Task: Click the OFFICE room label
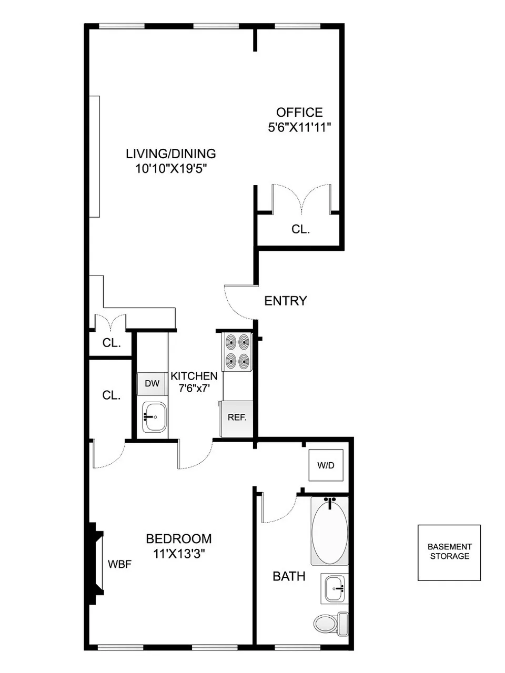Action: point(299,112)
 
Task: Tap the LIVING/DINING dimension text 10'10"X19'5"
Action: point(170,169)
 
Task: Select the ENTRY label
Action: point(285,301)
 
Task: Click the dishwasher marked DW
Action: point(152,383)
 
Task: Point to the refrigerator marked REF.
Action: point(237,418)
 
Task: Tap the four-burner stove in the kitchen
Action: point(237,352)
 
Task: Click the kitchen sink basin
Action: point(154,417)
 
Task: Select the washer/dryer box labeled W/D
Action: point(326,465)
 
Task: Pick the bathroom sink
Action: point(335,588)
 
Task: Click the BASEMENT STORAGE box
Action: point(449,552)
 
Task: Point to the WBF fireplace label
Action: point(119,564)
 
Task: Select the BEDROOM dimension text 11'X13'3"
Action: point(179,554)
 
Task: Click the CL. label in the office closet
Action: point(300,229)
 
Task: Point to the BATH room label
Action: point(289,576)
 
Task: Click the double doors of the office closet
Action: point(301,199)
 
